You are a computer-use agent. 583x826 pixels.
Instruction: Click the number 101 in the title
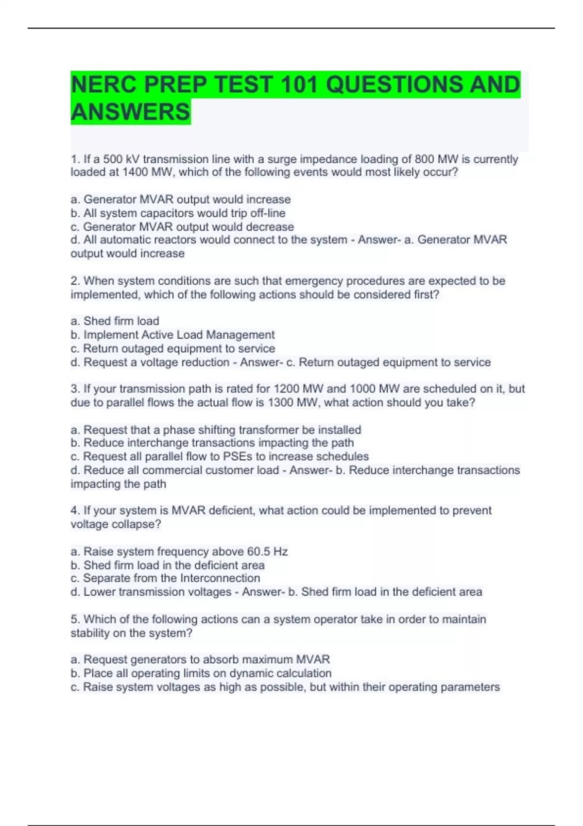(x=300, y=85)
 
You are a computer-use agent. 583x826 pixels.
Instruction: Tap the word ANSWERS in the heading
(x=130, y=112)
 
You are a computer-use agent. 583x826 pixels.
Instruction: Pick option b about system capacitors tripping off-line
(x=178, y=213)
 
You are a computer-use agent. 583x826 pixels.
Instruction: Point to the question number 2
(x=75, y=281)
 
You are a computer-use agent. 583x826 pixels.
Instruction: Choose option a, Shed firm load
(x=115, y=321)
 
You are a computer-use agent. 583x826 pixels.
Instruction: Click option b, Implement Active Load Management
(x=172, y=335)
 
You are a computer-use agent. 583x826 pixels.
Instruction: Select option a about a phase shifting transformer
(x=216, y=430)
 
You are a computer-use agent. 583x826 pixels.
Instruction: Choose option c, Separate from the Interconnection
(x=165, y=578)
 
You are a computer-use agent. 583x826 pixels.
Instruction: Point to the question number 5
(x=75, y=619)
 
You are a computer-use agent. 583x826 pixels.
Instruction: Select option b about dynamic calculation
(x=201, y=673)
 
